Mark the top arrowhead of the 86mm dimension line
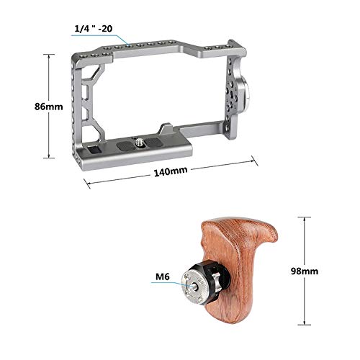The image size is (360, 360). click(49, 53)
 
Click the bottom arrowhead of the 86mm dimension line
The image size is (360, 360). click(49, 156)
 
